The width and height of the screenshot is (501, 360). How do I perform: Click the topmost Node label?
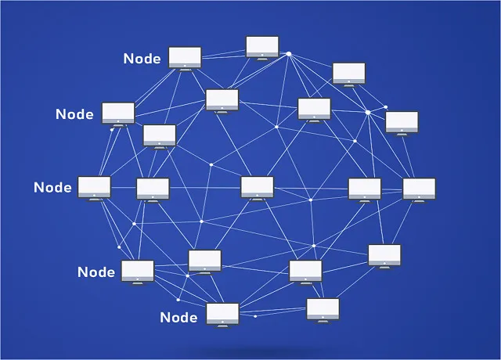(142, 59)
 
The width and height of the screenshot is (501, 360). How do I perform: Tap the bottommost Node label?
(178, 317)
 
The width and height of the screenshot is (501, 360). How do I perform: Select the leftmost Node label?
(52, 188)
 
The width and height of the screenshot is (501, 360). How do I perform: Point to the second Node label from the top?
(74, 114)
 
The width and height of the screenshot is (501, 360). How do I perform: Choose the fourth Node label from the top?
(96, 272)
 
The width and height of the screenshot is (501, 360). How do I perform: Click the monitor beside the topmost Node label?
(185, 57)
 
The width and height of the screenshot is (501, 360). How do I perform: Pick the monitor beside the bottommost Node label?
(222, 314)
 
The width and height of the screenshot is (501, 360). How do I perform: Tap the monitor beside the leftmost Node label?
(94, 186)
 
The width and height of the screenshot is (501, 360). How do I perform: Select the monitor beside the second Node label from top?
(117, 113)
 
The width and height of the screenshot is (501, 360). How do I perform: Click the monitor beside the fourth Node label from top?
(138, 271)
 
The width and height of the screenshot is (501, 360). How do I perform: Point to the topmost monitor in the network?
(262, 46)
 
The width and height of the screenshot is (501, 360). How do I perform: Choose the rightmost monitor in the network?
(419, 189)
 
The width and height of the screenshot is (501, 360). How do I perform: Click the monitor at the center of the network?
(257, 186)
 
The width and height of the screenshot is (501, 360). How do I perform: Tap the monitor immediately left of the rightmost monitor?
(365, 189)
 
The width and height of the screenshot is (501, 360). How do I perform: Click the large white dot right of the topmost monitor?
(288, 53)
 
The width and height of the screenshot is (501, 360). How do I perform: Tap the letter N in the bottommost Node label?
(164, 318)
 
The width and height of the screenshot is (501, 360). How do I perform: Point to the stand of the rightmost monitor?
(419, 200)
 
